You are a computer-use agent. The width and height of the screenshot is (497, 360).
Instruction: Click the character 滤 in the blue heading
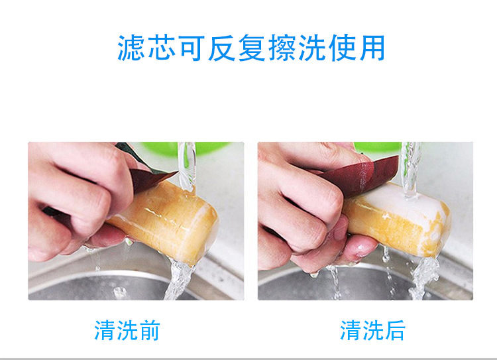click(x=131, y=48)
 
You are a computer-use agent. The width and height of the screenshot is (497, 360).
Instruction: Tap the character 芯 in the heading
click(x=161, y=48)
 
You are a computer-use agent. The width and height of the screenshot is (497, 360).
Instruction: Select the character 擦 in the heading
click(x=282, y=48)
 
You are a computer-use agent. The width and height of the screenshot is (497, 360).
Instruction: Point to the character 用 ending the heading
click(x=372, y=48)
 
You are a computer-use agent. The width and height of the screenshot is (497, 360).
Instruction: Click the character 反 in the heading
click(x=221, y=48)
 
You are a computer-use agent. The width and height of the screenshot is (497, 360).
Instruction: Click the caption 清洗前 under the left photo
click(x=127, y=330)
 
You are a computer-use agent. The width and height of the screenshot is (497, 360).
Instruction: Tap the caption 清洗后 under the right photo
click(x=372, y=330)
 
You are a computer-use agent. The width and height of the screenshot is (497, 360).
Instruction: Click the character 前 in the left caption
click(x=149, y=330)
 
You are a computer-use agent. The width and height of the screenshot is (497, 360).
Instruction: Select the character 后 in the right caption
click(x=395, y=330)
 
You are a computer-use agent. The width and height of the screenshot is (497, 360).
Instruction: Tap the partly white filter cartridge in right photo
click(x=400, y=219)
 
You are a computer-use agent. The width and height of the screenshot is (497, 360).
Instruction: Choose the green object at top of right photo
click(x=377, y=147)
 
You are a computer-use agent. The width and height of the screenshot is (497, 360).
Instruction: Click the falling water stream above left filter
click(x=187, y=166)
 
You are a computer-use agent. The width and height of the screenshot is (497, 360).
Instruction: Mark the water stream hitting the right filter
click(x=411, y=170)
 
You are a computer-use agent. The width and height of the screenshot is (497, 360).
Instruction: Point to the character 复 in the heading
click(x=252, y=48)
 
